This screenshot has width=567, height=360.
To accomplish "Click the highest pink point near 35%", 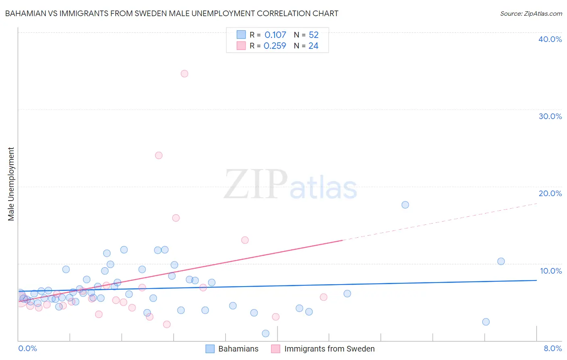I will click(x=184, y=73).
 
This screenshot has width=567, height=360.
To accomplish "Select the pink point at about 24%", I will click(x=159, y=155).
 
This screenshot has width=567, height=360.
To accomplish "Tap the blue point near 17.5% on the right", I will click(x=405, y=205).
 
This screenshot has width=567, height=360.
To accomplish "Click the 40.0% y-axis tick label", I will click(x=550, y=39).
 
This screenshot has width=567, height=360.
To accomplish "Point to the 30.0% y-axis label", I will click(x=550, y=116).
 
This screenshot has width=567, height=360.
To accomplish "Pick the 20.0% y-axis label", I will click(x=550, y=193).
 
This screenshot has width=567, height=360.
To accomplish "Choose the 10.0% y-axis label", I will click(x=551, y=271).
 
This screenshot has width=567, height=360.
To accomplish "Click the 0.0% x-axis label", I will click(x=27, y=349).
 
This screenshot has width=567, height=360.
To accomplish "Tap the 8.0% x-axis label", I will click(x=552, y=349).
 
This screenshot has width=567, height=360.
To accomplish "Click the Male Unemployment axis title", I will click(x=11, y=184).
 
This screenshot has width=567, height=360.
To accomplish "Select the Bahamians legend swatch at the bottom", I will click(x=210, y=349).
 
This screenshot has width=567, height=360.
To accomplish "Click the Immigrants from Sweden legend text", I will click(x=329, y=349).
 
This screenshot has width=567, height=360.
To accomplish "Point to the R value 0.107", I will click(x=275, y=35).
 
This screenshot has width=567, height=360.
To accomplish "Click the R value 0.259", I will click(x=275, y=46).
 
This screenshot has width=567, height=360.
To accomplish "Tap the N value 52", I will click(x=313, y=35).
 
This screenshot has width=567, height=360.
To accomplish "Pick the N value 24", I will click(x=313, y=46).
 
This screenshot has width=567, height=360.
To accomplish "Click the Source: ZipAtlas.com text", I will click(x=531, y=14).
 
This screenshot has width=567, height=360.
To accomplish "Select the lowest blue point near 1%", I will click(x=265, y=333).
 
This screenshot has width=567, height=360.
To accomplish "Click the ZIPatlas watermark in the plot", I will click(x=290, y=185).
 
